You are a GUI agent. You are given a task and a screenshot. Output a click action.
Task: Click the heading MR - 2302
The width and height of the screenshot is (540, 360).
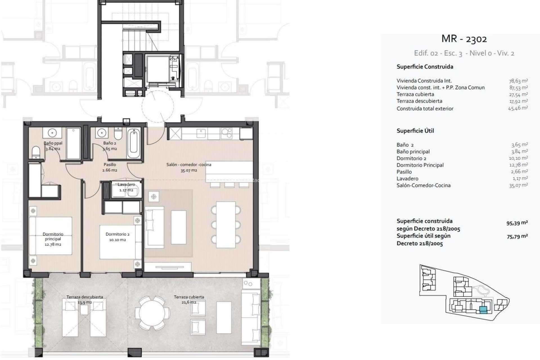[x=464, y=39]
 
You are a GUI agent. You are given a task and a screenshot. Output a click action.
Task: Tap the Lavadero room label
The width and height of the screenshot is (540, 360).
[x=126, y=185]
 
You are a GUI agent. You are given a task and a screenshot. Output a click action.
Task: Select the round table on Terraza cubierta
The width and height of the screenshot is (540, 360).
[x=152, y=313]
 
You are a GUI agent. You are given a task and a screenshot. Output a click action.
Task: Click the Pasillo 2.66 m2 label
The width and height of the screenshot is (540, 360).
[x=110, y=167]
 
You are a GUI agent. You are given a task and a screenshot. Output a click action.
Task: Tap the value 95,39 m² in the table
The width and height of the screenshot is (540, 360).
[x=517, y=223]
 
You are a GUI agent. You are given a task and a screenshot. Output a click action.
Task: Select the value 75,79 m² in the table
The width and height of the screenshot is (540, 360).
[x=517, y=237]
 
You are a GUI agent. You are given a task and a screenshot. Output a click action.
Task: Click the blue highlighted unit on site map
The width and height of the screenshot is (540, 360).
[x=483, y=310]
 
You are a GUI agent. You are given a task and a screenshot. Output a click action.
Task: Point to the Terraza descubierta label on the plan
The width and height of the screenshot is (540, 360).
[x=85, y=297]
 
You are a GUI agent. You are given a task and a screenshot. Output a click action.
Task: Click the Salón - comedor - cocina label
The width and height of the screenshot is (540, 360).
[x=189, y=165]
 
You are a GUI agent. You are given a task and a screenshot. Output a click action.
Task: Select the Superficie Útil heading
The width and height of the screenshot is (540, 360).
[x=415, y=131]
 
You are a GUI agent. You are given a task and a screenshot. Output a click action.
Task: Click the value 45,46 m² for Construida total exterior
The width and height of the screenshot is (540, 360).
[x=517, y=108]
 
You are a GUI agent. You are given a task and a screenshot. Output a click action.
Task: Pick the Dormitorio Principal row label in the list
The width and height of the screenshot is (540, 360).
[x=420, y=165]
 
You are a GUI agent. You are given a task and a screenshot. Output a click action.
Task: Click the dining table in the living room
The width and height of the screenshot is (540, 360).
[x=226, y=225]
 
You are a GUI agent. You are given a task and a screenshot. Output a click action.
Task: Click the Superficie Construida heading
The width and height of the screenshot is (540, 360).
[x=425, y=67]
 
